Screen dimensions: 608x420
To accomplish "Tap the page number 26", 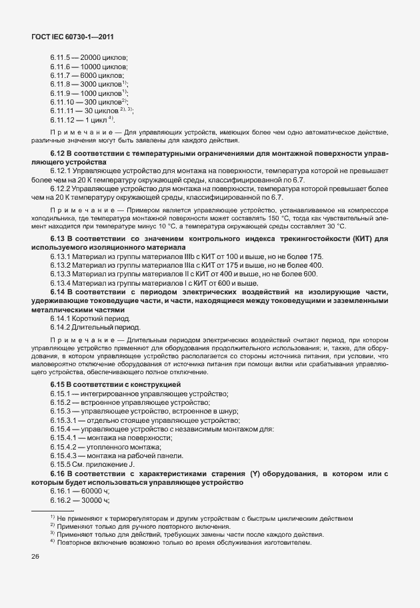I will tap(35, 557).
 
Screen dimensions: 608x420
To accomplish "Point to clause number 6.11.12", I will tap(63, 119).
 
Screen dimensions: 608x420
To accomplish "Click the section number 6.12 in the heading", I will tap(59, 154).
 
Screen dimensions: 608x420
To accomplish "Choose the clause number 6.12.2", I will tap(61, 188).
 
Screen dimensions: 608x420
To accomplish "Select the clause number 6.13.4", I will tap(61, 283).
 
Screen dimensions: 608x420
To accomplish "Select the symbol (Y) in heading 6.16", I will tap(255, 473).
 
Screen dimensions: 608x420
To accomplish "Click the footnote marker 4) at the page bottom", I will tap(51, 541).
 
